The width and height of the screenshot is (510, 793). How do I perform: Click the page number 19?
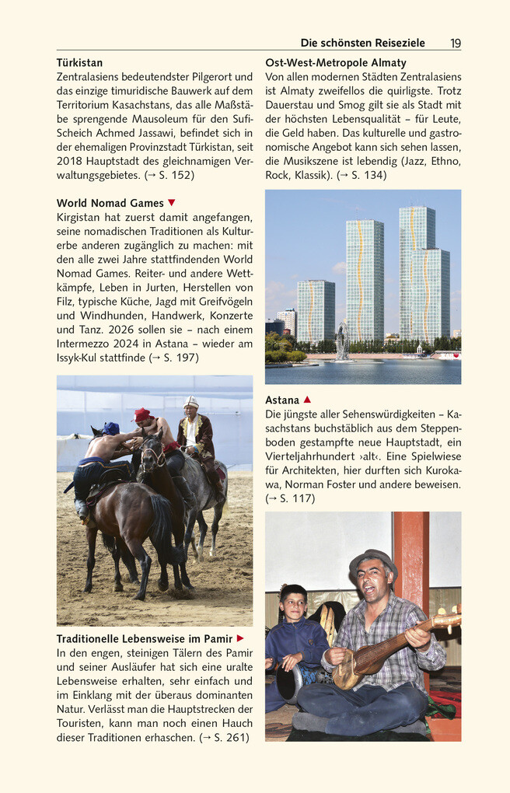[x=455, y=44]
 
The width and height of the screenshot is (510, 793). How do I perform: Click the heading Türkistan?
[x=79, y=63]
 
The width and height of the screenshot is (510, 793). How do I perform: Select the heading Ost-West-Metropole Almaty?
[x=336, y=63]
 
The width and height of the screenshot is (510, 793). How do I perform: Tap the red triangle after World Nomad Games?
[x=172, y=203]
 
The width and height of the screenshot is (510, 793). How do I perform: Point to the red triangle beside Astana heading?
[x=307, y=400]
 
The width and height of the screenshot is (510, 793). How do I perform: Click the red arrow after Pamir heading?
[x=240, y=639]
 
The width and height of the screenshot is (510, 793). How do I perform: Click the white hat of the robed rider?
[x=191, y=402]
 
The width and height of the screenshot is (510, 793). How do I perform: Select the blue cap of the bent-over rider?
[x=110, y=428]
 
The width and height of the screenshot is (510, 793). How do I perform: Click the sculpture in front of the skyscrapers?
[x=342, y=341]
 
